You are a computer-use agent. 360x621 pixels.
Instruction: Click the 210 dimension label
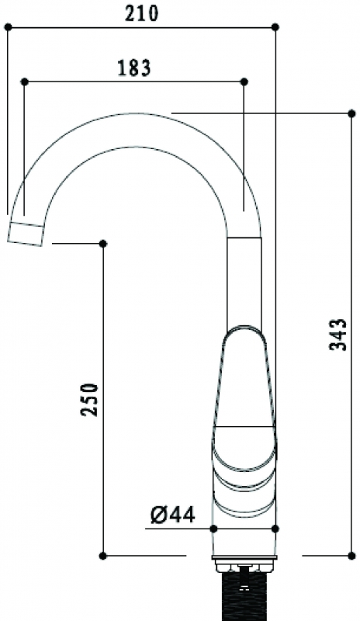[x=141, y=14]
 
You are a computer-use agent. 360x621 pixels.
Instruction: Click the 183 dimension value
[x=135, y=68]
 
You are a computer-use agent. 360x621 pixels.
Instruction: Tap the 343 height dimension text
[x=337, y=335]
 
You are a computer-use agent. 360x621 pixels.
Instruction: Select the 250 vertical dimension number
[x=89, y=399]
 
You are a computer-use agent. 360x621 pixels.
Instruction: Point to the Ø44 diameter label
[x=173, y=515]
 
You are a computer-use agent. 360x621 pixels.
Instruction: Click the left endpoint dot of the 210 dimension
[x=8, y=27]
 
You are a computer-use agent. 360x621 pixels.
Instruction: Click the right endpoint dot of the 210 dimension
[x=275, y=27]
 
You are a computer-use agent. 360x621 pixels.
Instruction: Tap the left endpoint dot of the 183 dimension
[x=25, y=82]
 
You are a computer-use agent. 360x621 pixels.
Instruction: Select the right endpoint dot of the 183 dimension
[x=244, y=82]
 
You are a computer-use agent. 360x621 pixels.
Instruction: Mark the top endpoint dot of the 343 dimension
[x=351, y=113]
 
